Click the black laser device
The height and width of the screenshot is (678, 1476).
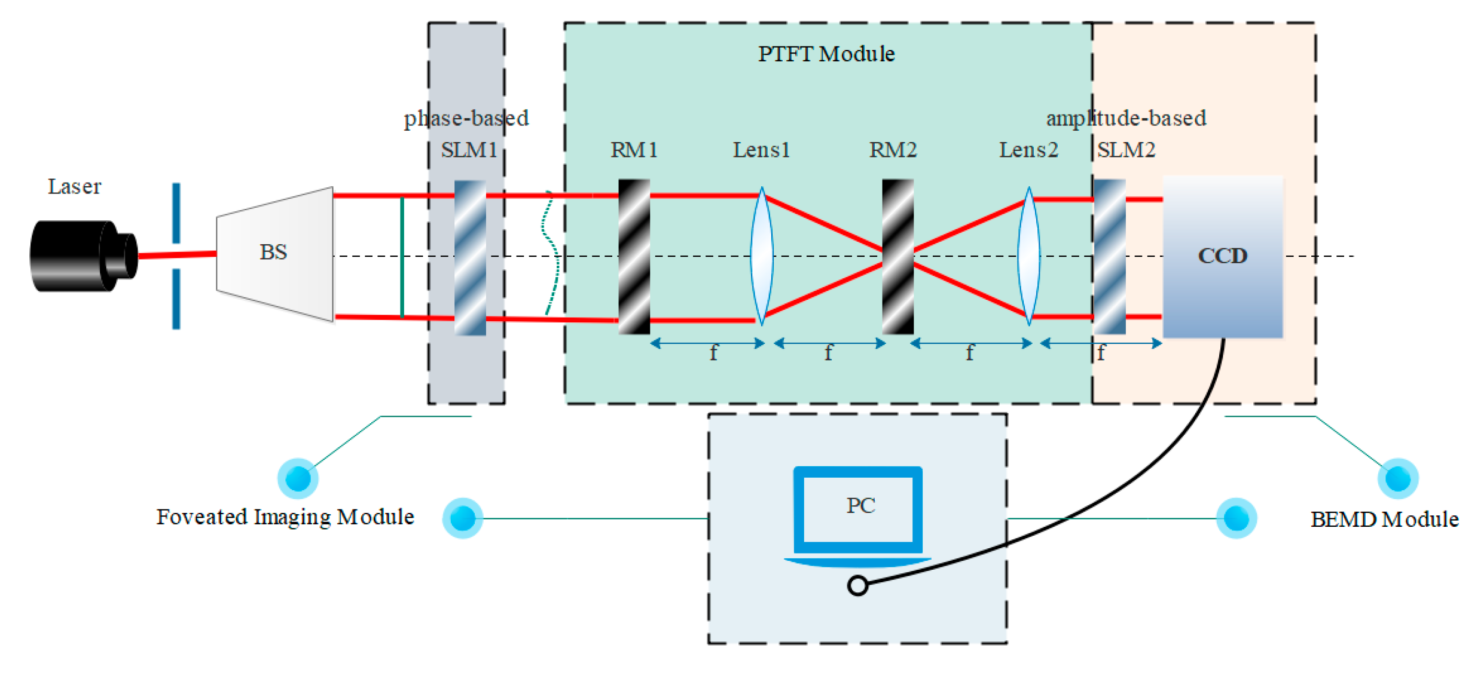[x=80, y=256]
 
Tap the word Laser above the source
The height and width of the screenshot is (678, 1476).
[x=74, y=187]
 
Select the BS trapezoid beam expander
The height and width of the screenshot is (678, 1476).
[x=274, y=253]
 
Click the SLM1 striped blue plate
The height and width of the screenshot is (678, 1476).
[x=470, y=258]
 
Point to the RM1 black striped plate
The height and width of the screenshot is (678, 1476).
[x=634, y=257]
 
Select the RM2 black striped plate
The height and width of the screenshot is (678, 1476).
[x=897, y=257]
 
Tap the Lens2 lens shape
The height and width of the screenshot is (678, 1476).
[x=1028, y=256]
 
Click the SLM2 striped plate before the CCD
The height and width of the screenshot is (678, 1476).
[x=1109, y=257]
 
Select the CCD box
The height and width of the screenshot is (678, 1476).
[x=1222, y=257]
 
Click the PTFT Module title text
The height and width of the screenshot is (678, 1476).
[x=826, y=54]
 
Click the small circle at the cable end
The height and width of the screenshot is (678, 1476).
[x=857, y=586]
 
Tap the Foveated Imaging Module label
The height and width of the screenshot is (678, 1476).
[x=285, y=517]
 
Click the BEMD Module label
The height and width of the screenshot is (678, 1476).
[x=1384, y=519]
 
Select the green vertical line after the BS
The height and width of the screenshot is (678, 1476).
[x=402, y=257]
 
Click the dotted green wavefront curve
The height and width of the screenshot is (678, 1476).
[x=551, y=252]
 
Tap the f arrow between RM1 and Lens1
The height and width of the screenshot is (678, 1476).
[x=707, y=344]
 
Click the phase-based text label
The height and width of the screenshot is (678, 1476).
[x=466, y=118]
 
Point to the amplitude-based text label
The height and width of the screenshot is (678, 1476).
[x=1125, y=118]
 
